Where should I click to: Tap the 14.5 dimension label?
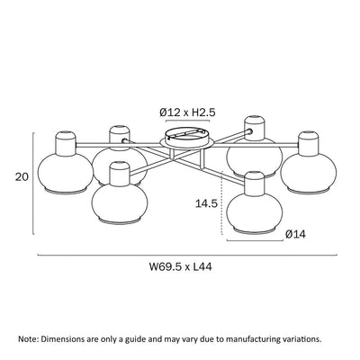206,204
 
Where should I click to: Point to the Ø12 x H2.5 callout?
190,112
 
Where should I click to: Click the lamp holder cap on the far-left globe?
66,143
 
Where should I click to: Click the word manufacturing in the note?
247,340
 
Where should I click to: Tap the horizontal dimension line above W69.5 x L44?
184,256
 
